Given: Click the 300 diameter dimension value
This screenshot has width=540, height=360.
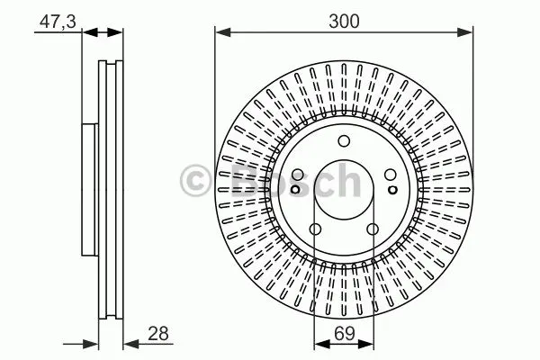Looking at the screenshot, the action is [x=344, y=21].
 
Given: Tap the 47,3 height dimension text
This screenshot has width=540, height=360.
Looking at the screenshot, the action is [x=58, y=22].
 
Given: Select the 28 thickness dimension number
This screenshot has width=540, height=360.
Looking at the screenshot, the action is [x=158, y=334].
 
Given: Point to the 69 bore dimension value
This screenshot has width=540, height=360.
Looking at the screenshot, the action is [x=344, y=334].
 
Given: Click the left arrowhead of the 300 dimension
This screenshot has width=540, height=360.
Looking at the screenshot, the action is [x=222, y=32].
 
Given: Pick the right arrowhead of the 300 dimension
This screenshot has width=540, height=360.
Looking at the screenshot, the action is [x=465, y=32].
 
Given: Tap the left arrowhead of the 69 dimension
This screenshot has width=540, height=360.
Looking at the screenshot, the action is [x=322, y=344].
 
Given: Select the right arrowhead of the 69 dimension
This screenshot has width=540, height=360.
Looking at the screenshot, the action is [x=365, y=344].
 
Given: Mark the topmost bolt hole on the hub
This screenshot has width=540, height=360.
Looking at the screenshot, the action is [x=344, y=141].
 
